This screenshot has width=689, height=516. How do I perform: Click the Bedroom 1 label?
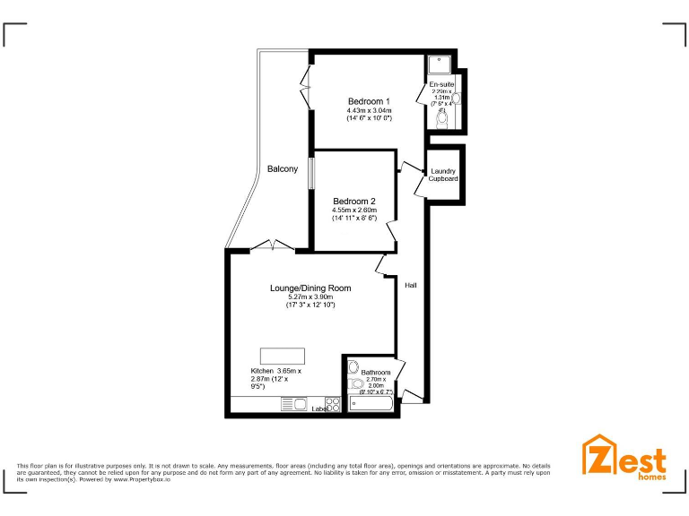(369, 101)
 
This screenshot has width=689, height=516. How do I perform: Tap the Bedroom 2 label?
(353, 201)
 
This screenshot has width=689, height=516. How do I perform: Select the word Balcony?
(283, 169)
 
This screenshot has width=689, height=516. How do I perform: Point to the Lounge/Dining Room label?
(310, 288)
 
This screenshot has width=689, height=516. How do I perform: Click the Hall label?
(411, 285)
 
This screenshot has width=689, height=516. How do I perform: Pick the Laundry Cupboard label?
(443, 175)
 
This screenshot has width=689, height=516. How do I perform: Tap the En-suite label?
(441, 84)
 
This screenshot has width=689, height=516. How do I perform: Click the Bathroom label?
(376, 372)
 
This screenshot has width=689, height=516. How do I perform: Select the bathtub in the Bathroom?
(371, 405)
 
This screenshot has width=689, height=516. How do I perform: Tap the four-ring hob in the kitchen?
(332, 404)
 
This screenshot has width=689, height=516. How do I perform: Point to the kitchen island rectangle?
(283, 353)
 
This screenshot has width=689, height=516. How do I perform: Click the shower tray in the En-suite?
(440, 64)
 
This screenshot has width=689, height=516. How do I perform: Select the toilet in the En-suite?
(441, 117)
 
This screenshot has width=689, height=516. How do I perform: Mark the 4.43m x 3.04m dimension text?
(369, 110)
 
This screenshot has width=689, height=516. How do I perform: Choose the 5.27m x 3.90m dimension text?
(310, 297)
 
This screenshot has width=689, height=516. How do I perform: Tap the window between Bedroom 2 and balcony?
(311, 174)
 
